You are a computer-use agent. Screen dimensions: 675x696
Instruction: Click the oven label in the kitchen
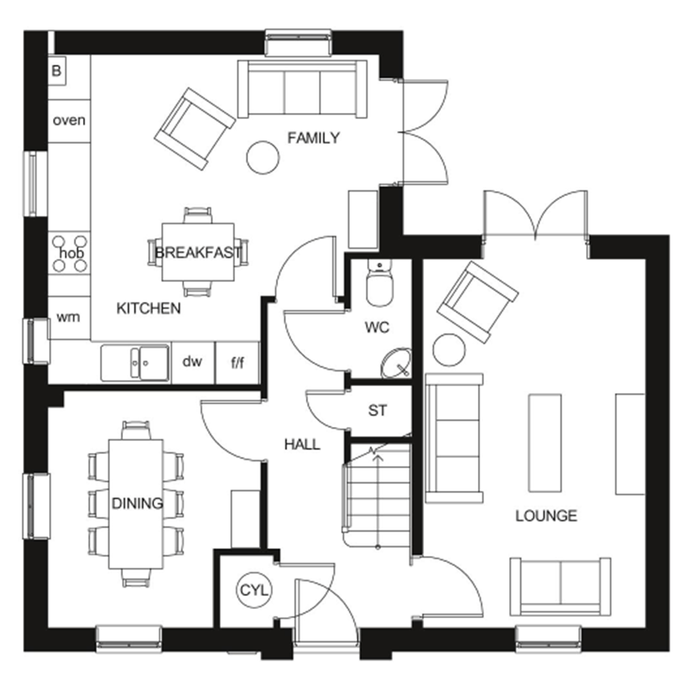click(69, 120)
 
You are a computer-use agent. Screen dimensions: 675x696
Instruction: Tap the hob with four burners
click(70, 252)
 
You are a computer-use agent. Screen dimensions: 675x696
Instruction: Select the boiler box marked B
click(57, 71)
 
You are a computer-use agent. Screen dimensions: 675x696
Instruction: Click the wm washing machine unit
click(69, 317)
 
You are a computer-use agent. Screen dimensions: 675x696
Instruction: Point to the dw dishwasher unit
click(192, 362)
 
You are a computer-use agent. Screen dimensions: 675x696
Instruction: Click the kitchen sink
click(136, 362)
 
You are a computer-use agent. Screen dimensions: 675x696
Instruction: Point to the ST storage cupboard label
click(377, 411)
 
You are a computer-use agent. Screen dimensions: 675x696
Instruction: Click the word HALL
click(302, 445)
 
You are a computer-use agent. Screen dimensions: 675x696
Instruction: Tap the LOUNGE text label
click(546, 515)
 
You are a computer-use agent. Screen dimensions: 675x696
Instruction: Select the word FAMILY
click(313, 138)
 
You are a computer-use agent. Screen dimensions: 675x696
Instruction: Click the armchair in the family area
click(194, 128)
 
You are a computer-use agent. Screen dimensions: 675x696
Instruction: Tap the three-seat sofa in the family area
click(302, 89)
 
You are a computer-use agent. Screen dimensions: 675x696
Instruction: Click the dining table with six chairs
click(136, 503)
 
